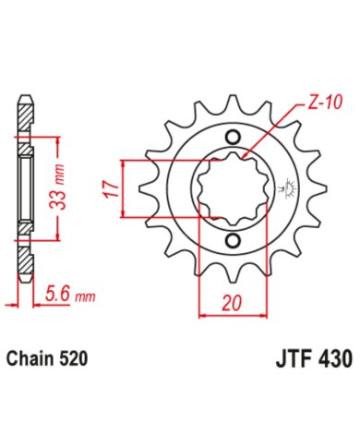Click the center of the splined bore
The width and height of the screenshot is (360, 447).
pyautogui.click(x=231, y=190)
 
